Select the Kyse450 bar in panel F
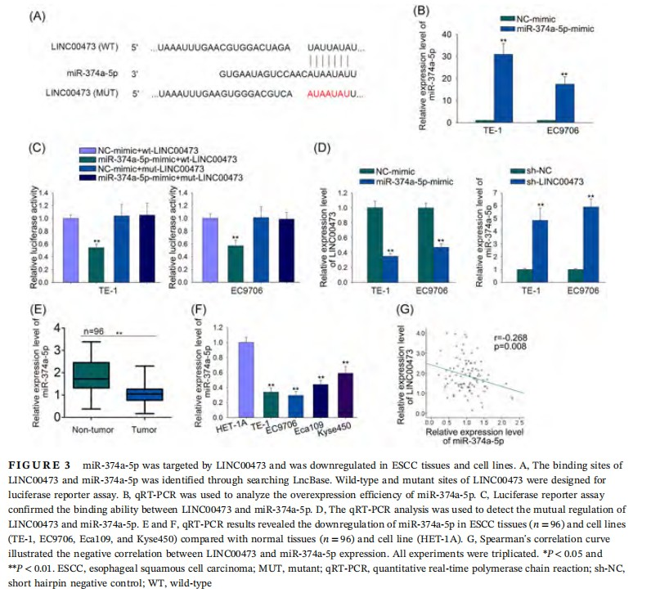pyautogui.click(x=346, y=396)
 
